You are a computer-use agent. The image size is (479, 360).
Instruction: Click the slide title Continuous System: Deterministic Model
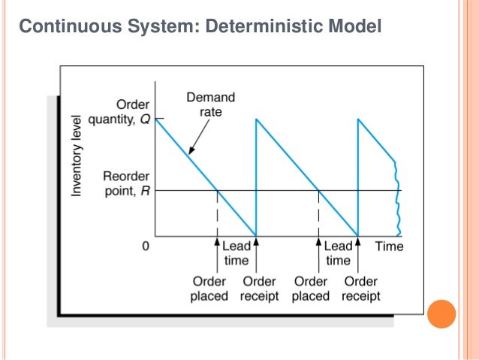pyautogui.click(x=200, y=28)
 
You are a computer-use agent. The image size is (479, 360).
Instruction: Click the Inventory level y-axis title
pyautogui.click(x=76, y=162)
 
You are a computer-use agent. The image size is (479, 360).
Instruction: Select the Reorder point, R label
pyautogui.click(x=125, y=183)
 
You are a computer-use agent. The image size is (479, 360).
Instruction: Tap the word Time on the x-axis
pyautogui.click(x=389, y=246)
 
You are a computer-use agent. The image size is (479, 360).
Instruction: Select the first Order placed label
pyautogui.click(x=209, y=289)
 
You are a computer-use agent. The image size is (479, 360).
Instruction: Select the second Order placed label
pyautogui.click(x=311, y=289)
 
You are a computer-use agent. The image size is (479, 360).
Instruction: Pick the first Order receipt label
pyautogui.click(x=259, y=289)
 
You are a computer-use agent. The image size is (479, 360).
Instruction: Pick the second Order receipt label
pyautogui.click(x=360, y=289)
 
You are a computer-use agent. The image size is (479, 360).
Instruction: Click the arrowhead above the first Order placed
pyautogui.click(x=218, y=244)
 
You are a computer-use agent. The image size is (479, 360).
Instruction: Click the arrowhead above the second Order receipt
pyautogui.click(x=359, y=244)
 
